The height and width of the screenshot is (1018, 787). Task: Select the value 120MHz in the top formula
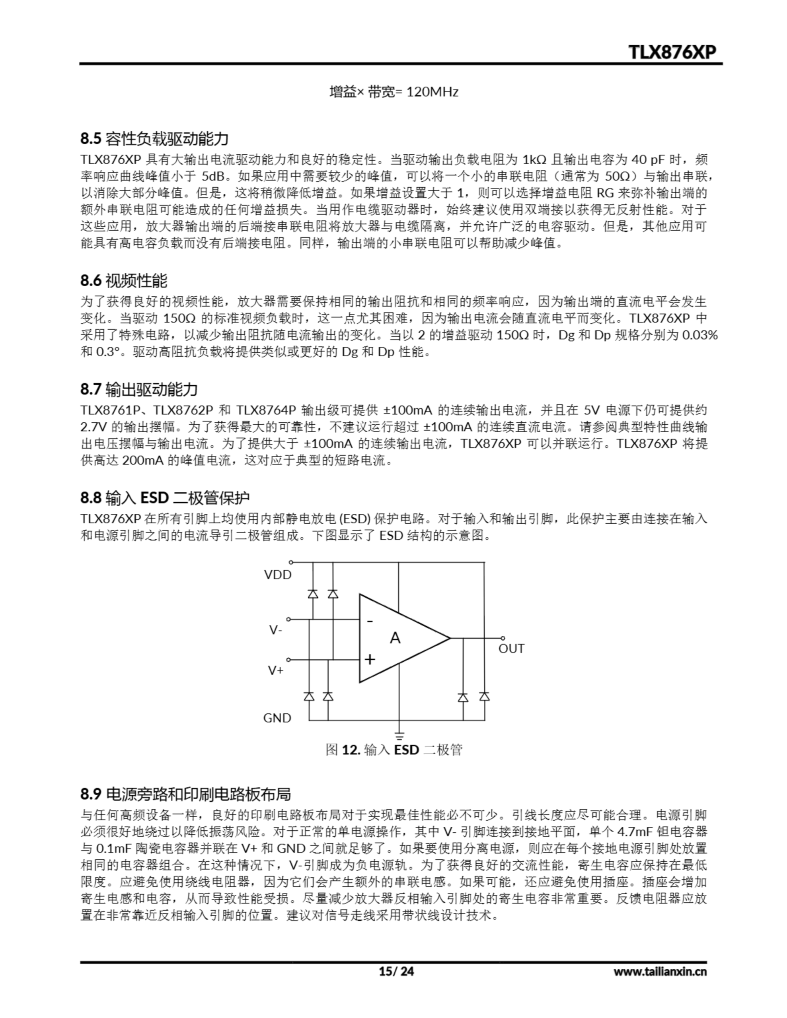tap(432, 92)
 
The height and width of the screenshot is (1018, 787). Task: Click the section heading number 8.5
tap(90, 138)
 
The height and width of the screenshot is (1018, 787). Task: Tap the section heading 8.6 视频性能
tap(124, 281)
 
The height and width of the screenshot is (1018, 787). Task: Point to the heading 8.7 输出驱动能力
tap(138, 389)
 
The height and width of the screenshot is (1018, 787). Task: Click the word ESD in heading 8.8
tap(154, 498)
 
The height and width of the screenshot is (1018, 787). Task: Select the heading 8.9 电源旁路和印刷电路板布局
tap(185, 794)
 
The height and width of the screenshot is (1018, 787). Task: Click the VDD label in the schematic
tap(278, 575)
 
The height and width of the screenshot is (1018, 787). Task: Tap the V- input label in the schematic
tap(275, 631)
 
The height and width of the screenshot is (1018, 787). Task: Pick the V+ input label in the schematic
tap(275, 671)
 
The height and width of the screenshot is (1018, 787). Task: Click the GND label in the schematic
tap(277, 718)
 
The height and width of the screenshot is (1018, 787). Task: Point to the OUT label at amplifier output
tap(511, 649)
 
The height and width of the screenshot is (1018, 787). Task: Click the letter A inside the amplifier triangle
tap(395, 638)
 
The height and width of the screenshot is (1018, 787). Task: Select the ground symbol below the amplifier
tap(399, 737)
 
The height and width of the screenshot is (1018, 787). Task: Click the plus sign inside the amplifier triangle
tap(370, 660)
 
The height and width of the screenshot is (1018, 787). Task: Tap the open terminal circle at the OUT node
tap(503, 638)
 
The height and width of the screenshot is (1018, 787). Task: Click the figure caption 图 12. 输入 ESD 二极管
tap(394, 750)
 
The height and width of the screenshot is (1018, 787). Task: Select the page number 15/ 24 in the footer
tap(396, 971)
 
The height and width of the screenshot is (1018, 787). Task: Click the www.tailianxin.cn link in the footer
tap(660, 971)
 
